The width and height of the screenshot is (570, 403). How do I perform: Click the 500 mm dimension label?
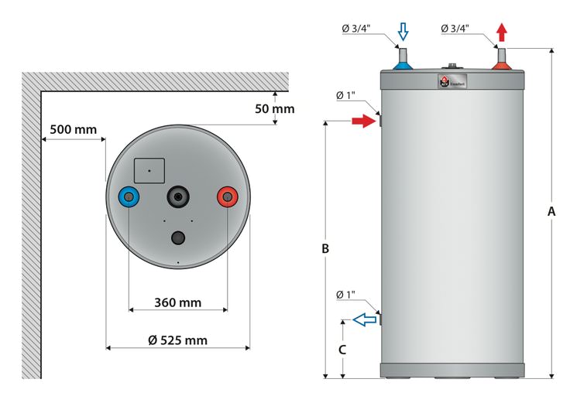[x=74, y=129]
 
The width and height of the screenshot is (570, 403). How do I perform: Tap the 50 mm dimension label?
[x=274, y=109]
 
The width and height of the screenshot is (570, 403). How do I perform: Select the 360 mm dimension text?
[x=177, y=302]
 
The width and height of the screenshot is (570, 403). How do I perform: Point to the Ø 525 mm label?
[x=177, y=340]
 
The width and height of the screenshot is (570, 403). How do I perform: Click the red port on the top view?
[x=227, y=197]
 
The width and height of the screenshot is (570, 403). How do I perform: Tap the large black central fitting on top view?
[x=179, y=197]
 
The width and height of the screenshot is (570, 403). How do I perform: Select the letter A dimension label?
[x=551, y=210]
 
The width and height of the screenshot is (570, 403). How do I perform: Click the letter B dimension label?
[x=325, y=249]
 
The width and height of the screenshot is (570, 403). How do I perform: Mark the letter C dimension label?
[x=342, y=349]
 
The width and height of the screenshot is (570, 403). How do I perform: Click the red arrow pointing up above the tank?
[x=502, y=32]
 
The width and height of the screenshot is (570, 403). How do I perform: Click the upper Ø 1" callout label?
[x=345, y=96]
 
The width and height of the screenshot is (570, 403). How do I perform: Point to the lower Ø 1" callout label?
[x=345, y=295]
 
